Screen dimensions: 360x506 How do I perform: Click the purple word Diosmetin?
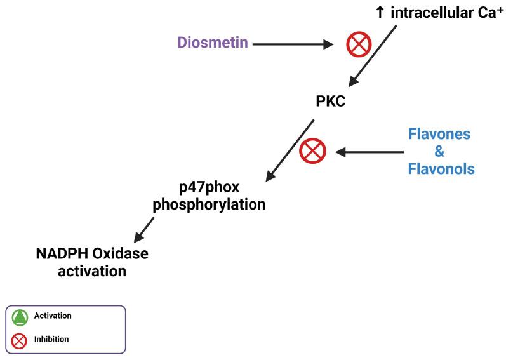tap(212, 44)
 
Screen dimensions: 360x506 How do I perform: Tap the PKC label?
tap(330, 101)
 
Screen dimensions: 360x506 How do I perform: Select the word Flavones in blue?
tap(439, 135)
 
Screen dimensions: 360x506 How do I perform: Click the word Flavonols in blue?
tap(440, 169)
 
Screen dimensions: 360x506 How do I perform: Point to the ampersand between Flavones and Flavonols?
tap(439, 152)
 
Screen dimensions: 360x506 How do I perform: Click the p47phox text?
tap(211, 188)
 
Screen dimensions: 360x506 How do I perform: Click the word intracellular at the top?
tap(432, 12)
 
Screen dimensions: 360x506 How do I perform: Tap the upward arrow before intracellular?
tap(380, 12)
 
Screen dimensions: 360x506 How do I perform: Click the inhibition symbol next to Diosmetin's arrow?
tap(357, 44)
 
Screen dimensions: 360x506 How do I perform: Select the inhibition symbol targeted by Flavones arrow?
tap(312, 152)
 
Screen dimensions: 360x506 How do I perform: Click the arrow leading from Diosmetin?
tap(292, 44)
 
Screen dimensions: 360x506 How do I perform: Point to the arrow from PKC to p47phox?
tap(290, 150)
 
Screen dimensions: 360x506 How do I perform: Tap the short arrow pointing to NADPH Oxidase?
tap(145, 227)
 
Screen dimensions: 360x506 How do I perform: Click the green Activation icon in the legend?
tap(20, 317)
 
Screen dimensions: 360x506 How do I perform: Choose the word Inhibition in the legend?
tap(51, 340)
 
